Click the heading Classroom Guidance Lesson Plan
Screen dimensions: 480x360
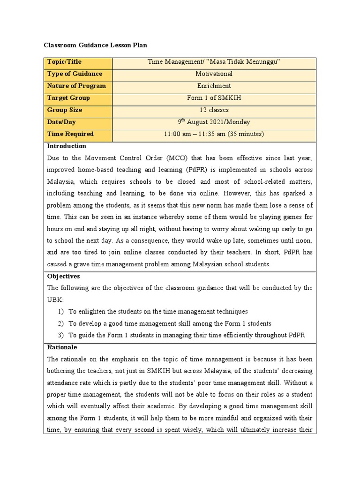(95, 45)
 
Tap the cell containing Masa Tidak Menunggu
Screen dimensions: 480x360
(214, 62)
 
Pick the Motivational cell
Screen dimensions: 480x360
(214, 74)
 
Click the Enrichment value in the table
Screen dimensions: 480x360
(214, 86)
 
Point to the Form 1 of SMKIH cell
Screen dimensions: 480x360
(214, 98)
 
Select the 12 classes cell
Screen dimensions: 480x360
(214, 110)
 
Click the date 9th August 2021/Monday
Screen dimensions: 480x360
(214, 122)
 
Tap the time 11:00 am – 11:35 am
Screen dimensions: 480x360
(214, 134)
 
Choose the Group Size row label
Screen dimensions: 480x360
(65, 110)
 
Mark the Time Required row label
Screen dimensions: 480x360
(70, 134)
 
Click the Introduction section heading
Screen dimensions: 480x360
(67, 146)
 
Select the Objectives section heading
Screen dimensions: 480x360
(63, 276)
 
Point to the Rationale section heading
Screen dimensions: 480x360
(62, 347)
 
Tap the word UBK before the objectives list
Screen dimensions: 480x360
(54, 300)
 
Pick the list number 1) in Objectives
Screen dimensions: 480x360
(61, 312)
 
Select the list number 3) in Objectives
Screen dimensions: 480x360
(61, 335)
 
